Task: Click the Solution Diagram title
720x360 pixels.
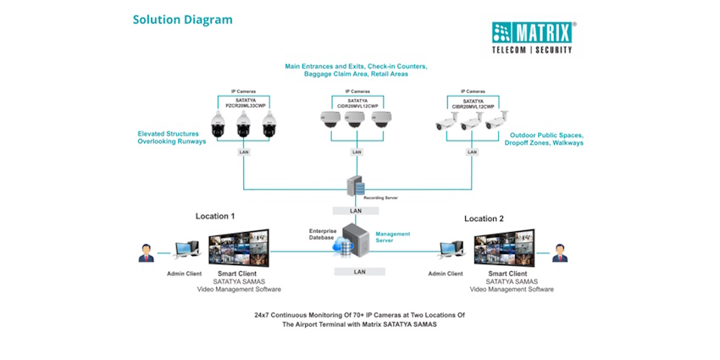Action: (x=182, y=19)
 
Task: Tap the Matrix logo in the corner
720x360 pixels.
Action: (x=534, y=36)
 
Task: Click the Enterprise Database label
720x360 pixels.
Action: (x=323, y=235)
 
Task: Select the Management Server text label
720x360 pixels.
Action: (x=393, y=236)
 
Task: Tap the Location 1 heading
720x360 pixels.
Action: (x=215, y=216)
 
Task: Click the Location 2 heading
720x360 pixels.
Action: (x=484, y=219)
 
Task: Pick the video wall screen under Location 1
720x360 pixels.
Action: (x=239, y=247)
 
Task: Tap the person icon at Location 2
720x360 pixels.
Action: (x=558, y=252)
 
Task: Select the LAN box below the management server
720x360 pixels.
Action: (x=359, y=272)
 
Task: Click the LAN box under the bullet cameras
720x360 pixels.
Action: (x=472, y=152)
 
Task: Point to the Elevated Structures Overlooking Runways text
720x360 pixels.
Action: (x=172, y=137)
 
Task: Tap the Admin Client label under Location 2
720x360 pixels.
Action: (x=446, y=274)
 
